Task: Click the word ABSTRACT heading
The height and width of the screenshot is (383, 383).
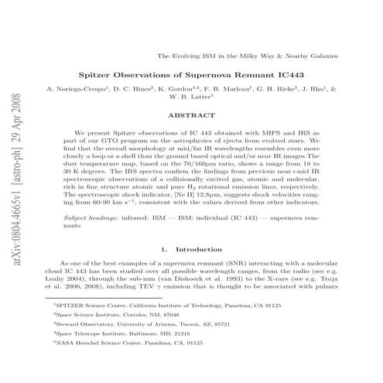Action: (x=190, y=114)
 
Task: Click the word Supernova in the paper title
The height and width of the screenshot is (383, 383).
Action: (x=194, y=77)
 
